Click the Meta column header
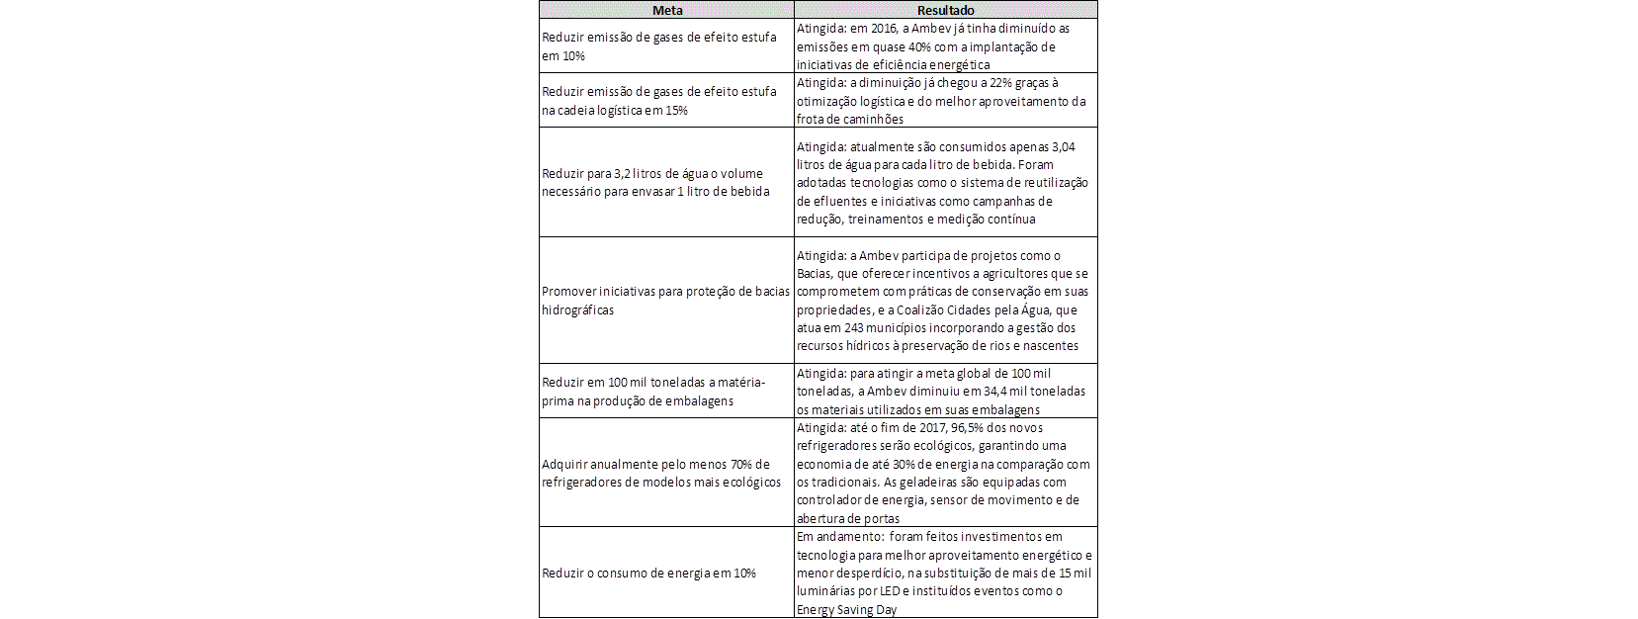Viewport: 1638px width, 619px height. [x=666, y=10]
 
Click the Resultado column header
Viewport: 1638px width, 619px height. [x=945, y=10]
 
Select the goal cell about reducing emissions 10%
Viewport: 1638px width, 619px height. [x=666, y=46]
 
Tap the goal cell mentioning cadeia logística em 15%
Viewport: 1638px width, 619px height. [x=666, y=101]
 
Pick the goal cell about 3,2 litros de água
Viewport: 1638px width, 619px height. [x=666, y=182]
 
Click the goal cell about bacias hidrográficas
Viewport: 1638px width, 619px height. [x=666, y=301]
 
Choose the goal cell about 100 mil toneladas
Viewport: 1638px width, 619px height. [x=666, y=391]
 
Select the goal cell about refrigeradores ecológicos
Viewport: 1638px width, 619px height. [x=666, y=473]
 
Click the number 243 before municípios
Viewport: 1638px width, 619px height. [x=847, y=328]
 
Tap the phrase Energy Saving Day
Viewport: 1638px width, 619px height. [x=846, y=610]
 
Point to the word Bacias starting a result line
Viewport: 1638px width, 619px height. [x=815, y=274]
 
